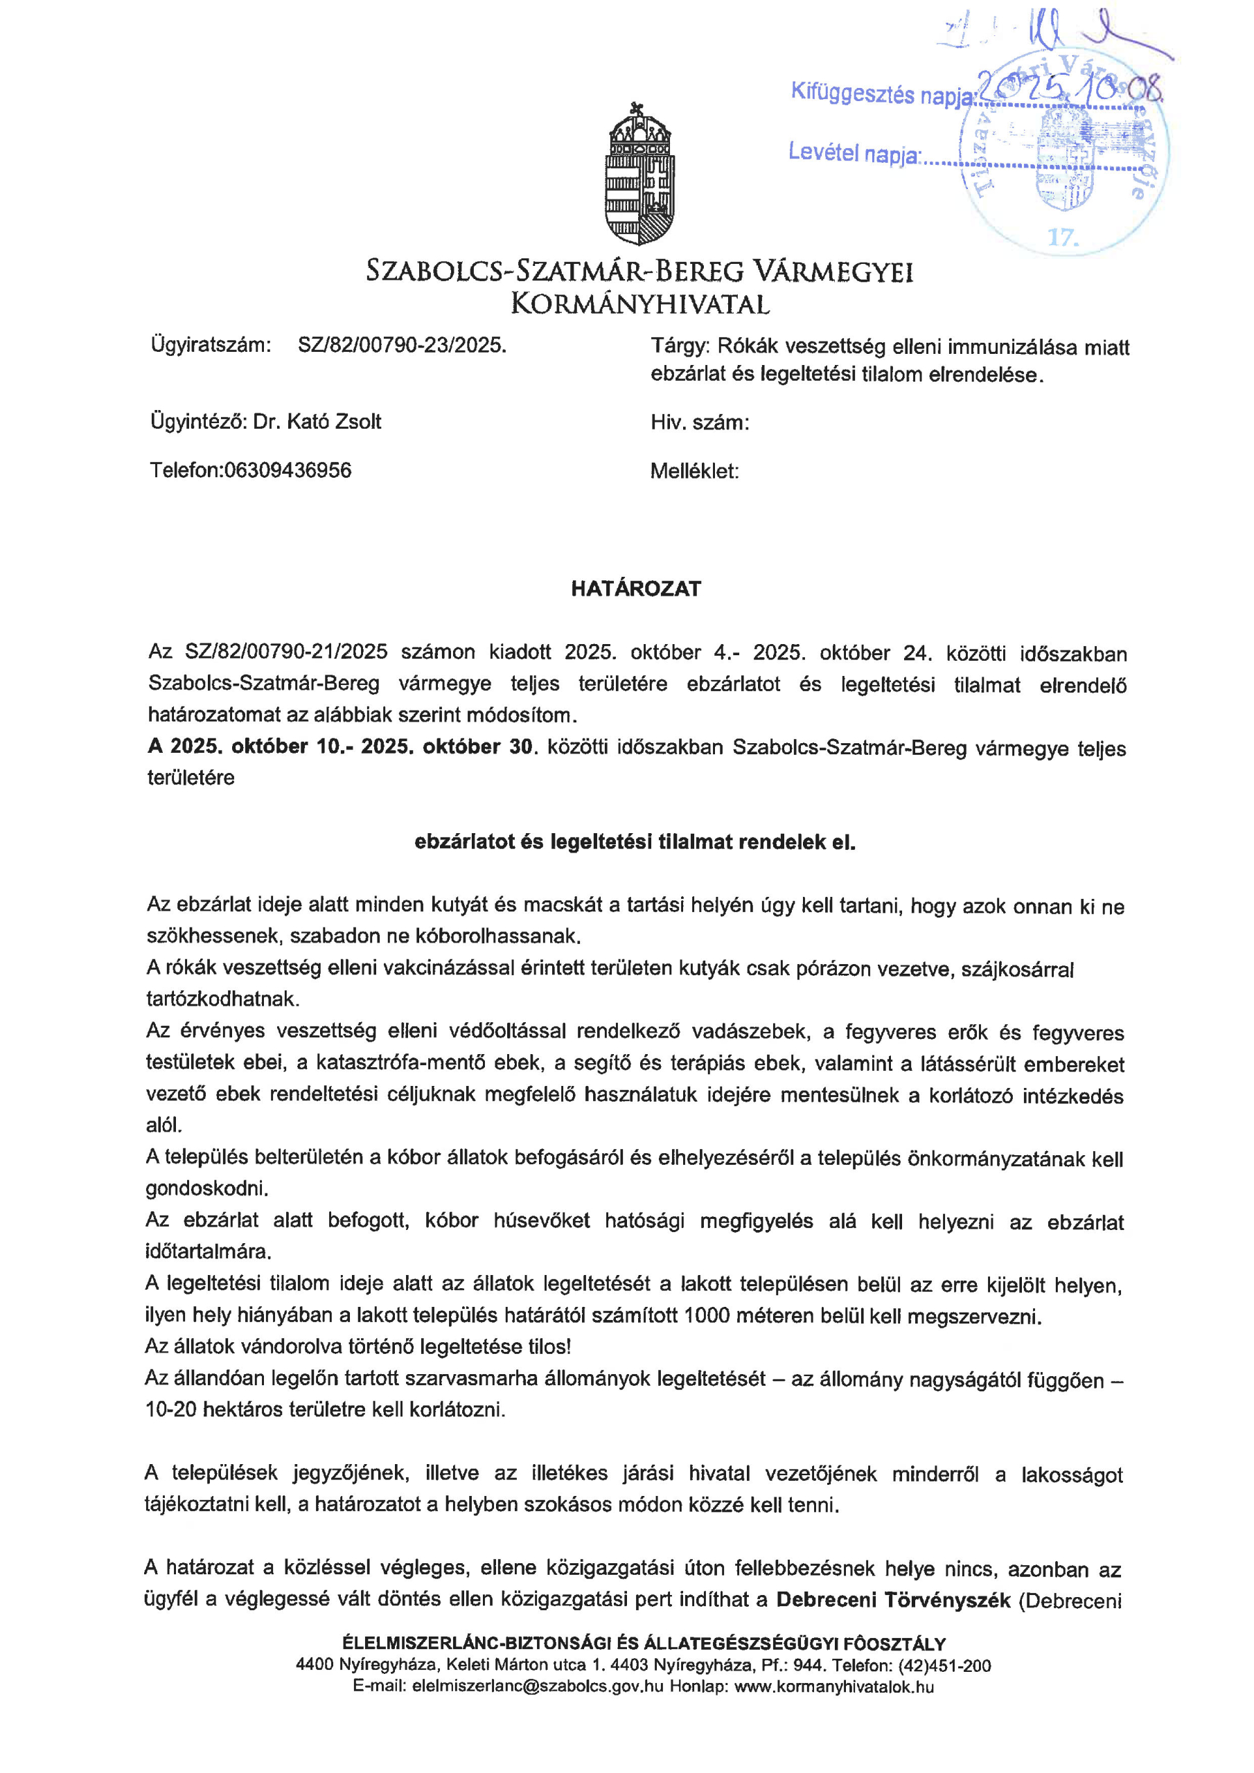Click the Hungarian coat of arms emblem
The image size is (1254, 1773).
[x=639, y=175]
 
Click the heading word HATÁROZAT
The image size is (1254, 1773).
[x=635, y=589]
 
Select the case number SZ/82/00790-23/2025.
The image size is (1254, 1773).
[x=402, y=345]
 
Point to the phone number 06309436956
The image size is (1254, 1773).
[x=288, y=470]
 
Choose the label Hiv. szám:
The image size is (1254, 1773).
[x=699, y=423]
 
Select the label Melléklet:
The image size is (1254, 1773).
[x=694, y=471]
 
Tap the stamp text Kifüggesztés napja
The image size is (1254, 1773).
[x=881, y=93]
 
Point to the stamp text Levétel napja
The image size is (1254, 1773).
[x=853, y=153]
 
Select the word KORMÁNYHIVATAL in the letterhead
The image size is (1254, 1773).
[x=639, y=304]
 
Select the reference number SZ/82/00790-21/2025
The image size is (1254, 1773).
[x=286, y=652]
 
